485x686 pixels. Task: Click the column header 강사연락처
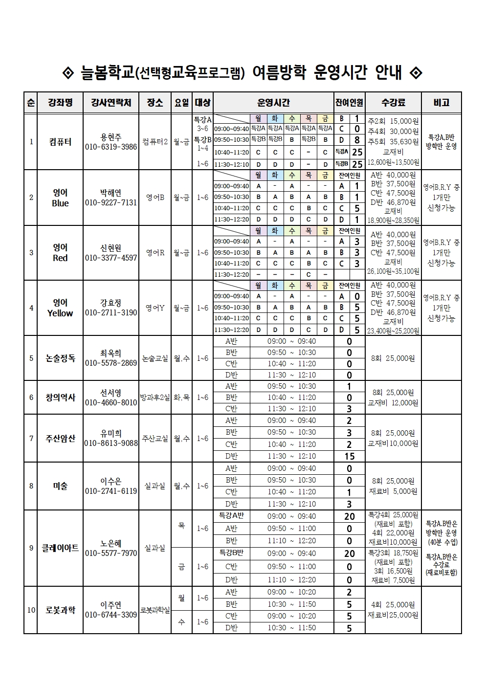pos(111,103)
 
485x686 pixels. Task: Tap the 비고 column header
pos(441,103)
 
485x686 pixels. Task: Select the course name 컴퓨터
pos(60,142)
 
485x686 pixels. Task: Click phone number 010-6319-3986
pos(111,147)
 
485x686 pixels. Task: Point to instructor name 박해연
pos(111,193)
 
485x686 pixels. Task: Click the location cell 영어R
pos(155,253)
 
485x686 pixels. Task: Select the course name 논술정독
pos(60,358)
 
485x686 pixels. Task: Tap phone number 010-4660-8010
pos(111,402)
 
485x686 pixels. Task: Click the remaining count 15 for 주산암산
pos(349,456)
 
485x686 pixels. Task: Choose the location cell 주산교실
pos(155,438)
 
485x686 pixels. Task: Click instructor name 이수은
pos(111,481)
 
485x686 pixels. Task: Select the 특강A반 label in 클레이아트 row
pos(231,516)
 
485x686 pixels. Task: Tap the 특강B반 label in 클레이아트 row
pos(231,553)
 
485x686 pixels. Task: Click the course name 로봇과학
pos(60,610)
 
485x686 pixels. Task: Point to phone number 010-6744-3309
pos(111,615)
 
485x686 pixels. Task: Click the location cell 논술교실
pos(155,358)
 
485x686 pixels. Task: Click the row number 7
pos(31,438)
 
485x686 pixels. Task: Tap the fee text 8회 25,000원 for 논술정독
pos(393,358)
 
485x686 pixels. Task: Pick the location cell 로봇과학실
pos(155,610)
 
